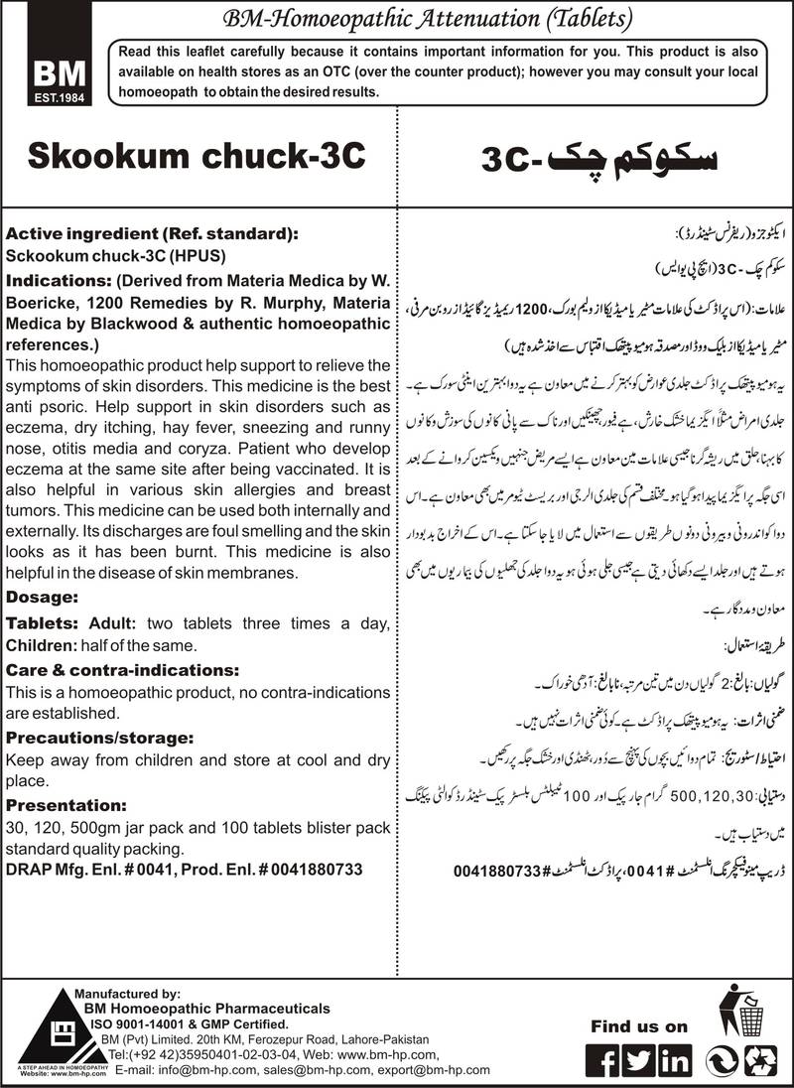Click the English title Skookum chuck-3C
tap(195, 156)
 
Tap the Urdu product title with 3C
tap(596, 157)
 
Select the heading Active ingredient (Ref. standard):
tap(151, 234)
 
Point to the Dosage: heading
tap(42, 599)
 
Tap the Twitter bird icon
tap(640, 1060)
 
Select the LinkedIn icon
tap(676, 1060)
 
